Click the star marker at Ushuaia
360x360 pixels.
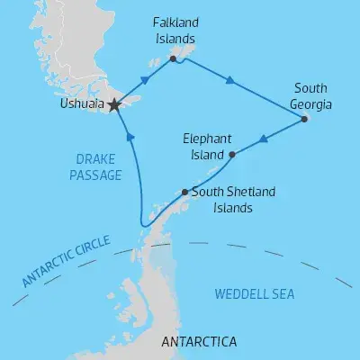113,105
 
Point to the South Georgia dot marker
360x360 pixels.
305,119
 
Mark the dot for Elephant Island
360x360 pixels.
233,154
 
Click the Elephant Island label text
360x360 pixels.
208,147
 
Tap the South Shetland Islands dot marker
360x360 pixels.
185,192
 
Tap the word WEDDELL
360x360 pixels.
244,294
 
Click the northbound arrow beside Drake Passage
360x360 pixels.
131,138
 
